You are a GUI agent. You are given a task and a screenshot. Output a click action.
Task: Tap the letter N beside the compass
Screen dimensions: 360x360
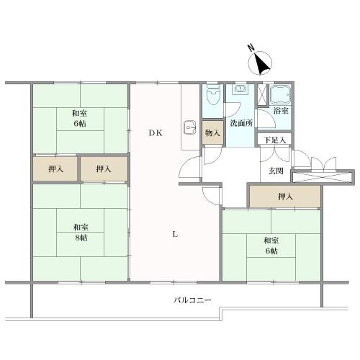tap(251, 49)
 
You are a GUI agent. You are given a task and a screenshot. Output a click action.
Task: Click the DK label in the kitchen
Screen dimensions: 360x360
tap(156, 132)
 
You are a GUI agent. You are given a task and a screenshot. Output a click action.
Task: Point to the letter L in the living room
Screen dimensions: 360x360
tap(175, 233)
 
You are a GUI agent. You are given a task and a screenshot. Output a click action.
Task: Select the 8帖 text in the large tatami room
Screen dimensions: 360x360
tap(79, 238)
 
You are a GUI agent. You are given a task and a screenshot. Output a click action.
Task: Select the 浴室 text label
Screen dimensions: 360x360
tap(281, 111)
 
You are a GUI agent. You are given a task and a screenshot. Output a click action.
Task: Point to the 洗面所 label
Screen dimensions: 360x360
tap(240, 122)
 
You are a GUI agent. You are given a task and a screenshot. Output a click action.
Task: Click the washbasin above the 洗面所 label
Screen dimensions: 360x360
tap(240, 91)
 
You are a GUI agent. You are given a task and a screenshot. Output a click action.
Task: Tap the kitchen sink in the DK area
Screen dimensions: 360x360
tap(190, 127)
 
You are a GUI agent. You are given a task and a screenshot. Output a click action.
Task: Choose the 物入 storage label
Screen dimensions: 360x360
tap(212, 132)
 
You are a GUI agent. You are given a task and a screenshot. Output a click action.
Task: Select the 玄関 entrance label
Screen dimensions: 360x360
tap(276, 171)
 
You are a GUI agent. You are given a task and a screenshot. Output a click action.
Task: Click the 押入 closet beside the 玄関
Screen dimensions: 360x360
tap(284, 196)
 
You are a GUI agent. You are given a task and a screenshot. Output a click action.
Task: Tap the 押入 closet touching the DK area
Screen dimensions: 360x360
tap(104, 169)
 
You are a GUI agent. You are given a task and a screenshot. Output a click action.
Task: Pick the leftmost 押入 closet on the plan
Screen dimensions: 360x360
tap(55, 169)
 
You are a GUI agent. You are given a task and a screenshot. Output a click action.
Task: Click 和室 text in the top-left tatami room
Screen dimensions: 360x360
tap(79, 113)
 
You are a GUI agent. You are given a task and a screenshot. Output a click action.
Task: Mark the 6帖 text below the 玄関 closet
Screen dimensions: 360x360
tap(271, 251)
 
